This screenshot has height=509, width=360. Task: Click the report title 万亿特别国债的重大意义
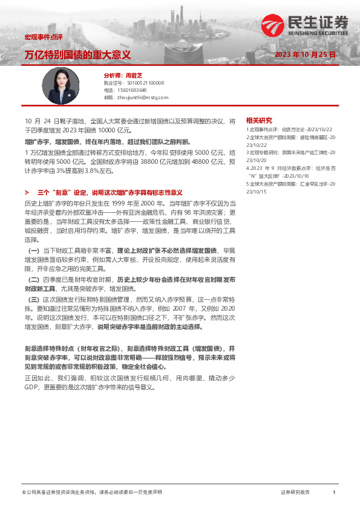click(77, 54)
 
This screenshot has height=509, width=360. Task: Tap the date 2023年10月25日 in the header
click(305, 54)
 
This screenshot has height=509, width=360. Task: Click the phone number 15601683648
click(131, 89)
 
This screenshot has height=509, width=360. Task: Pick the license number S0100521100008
click(143, 82)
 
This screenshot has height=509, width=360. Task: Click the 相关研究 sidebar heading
click(259, 120)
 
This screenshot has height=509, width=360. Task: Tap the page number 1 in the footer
click(334, 493)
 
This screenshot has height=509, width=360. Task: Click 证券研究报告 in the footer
click(296, 493)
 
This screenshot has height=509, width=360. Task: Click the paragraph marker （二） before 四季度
click(34, 280)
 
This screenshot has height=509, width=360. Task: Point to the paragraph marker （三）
click(34, 299)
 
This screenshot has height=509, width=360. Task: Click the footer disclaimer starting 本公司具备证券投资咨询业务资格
click(91, 493)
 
